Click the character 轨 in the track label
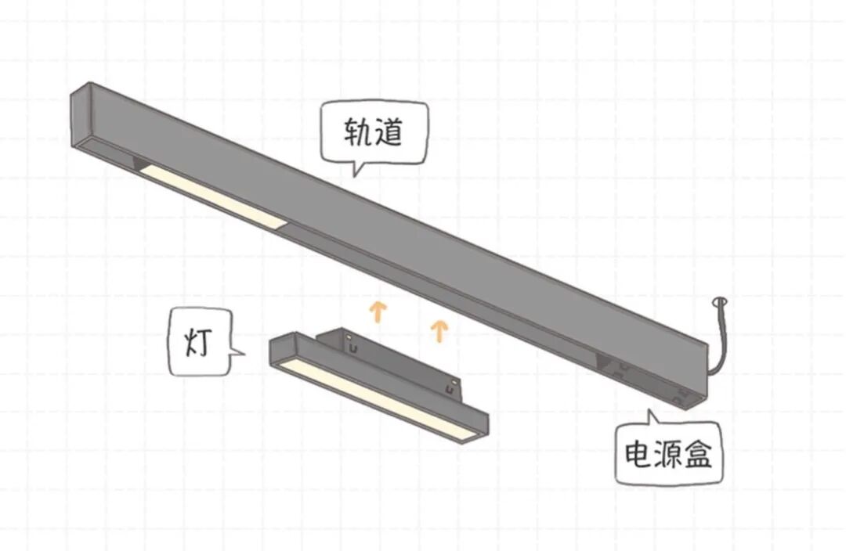pyautogui.click(x=356, y=132)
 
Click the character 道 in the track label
pyautogui.click(x=389, y=132)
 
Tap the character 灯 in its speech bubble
pyautogui.click(x=197, y=343)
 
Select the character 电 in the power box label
pyautogui.click(x=639, y=454)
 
